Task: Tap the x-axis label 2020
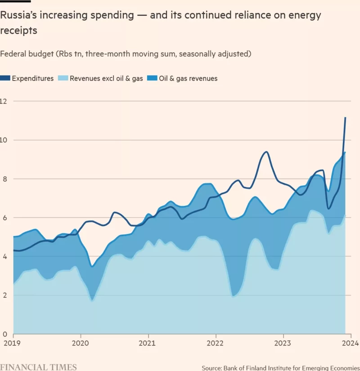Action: [81, 343]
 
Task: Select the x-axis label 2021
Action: [148, 343]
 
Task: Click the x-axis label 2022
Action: [216, 343]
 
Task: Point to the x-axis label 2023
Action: [283, 343]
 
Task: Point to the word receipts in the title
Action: [18, 31]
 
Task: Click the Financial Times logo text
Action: [38, 367]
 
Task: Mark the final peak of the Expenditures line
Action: [345, 118]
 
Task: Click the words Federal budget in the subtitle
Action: [27, 54]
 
